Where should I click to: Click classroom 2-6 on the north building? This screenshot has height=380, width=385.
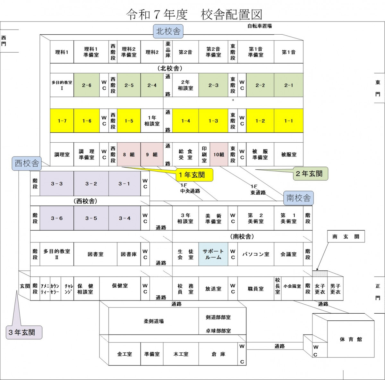coord(87,85)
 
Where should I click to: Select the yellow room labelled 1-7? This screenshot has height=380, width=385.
coord(62,121)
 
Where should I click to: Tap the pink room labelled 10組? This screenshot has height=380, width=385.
coord(219,155)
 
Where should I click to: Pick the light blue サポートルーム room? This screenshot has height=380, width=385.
coord(213,254)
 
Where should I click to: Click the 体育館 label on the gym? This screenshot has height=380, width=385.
coord(351,339)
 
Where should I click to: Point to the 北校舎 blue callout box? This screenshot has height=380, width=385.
coord(168,31)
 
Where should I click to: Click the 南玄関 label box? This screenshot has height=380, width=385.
coord(346,237)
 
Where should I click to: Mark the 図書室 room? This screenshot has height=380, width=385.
coord(95,254)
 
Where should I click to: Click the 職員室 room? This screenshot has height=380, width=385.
coord(256,289)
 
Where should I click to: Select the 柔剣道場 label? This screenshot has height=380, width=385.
coord(154,321)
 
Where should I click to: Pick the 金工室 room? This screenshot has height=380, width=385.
coord(124,354)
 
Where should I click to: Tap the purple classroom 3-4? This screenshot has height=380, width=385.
coord(124,218)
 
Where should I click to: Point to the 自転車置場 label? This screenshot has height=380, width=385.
coord(260,26)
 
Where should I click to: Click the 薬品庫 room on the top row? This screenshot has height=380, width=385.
coord(168,52)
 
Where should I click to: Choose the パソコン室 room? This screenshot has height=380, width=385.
coord(256,254)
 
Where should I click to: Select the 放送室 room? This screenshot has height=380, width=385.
coord(213,289)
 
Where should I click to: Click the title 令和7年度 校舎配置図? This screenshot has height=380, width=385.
coord(194,14)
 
